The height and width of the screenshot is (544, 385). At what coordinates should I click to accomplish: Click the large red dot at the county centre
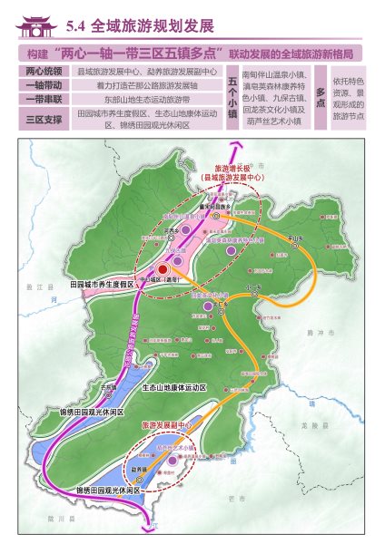pos(163,269)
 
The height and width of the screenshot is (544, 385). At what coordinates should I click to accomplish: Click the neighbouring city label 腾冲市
pos(315,335)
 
